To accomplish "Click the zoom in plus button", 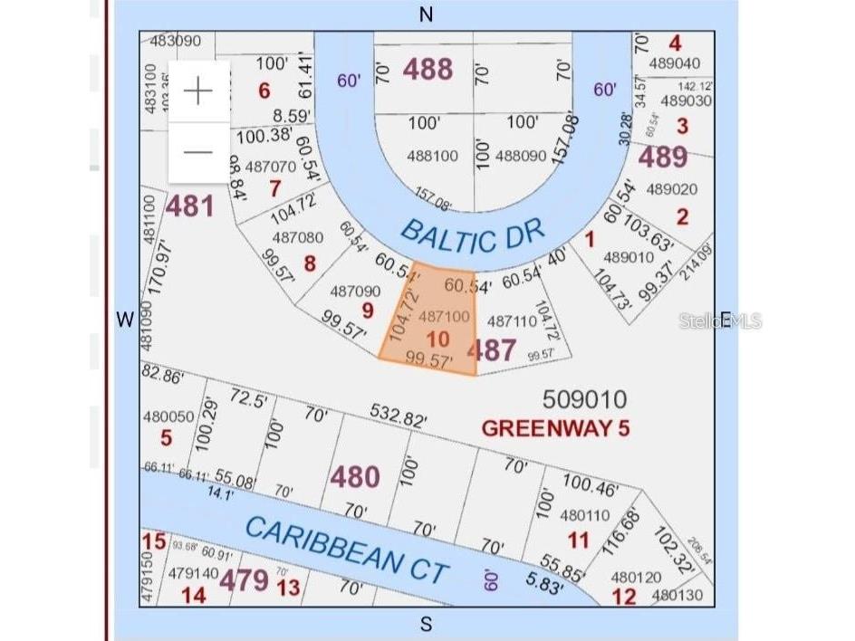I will [197, 91].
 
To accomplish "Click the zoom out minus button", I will [197, 151].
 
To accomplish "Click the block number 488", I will [427, 69].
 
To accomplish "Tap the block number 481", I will [189, 206].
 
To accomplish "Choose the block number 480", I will [354, 476].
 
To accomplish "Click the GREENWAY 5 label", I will [555, 427].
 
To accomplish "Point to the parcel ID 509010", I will [584, 398].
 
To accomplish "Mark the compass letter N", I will [427, 14].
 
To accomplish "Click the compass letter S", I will [426, 624].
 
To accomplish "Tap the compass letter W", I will [125, 319].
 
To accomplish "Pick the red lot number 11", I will [578, 541].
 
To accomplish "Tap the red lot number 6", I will [264, 91].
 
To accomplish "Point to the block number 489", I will [663, 158].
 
